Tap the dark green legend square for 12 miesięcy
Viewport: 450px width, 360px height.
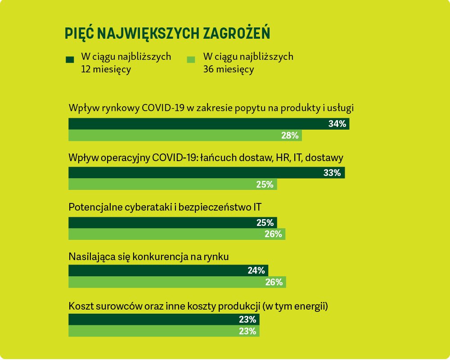[x=70, y=59]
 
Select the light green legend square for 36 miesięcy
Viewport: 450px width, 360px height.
[x=191, y=59]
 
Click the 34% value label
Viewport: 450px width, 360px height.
[x=337, y=124]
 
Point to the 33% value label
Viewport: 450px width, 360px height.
[x=332, y=173]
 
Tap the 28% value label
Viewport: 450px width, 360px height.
[x=290, y=135]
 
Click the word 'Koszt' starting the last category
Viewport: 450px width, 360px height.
[x=80, y=307]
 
